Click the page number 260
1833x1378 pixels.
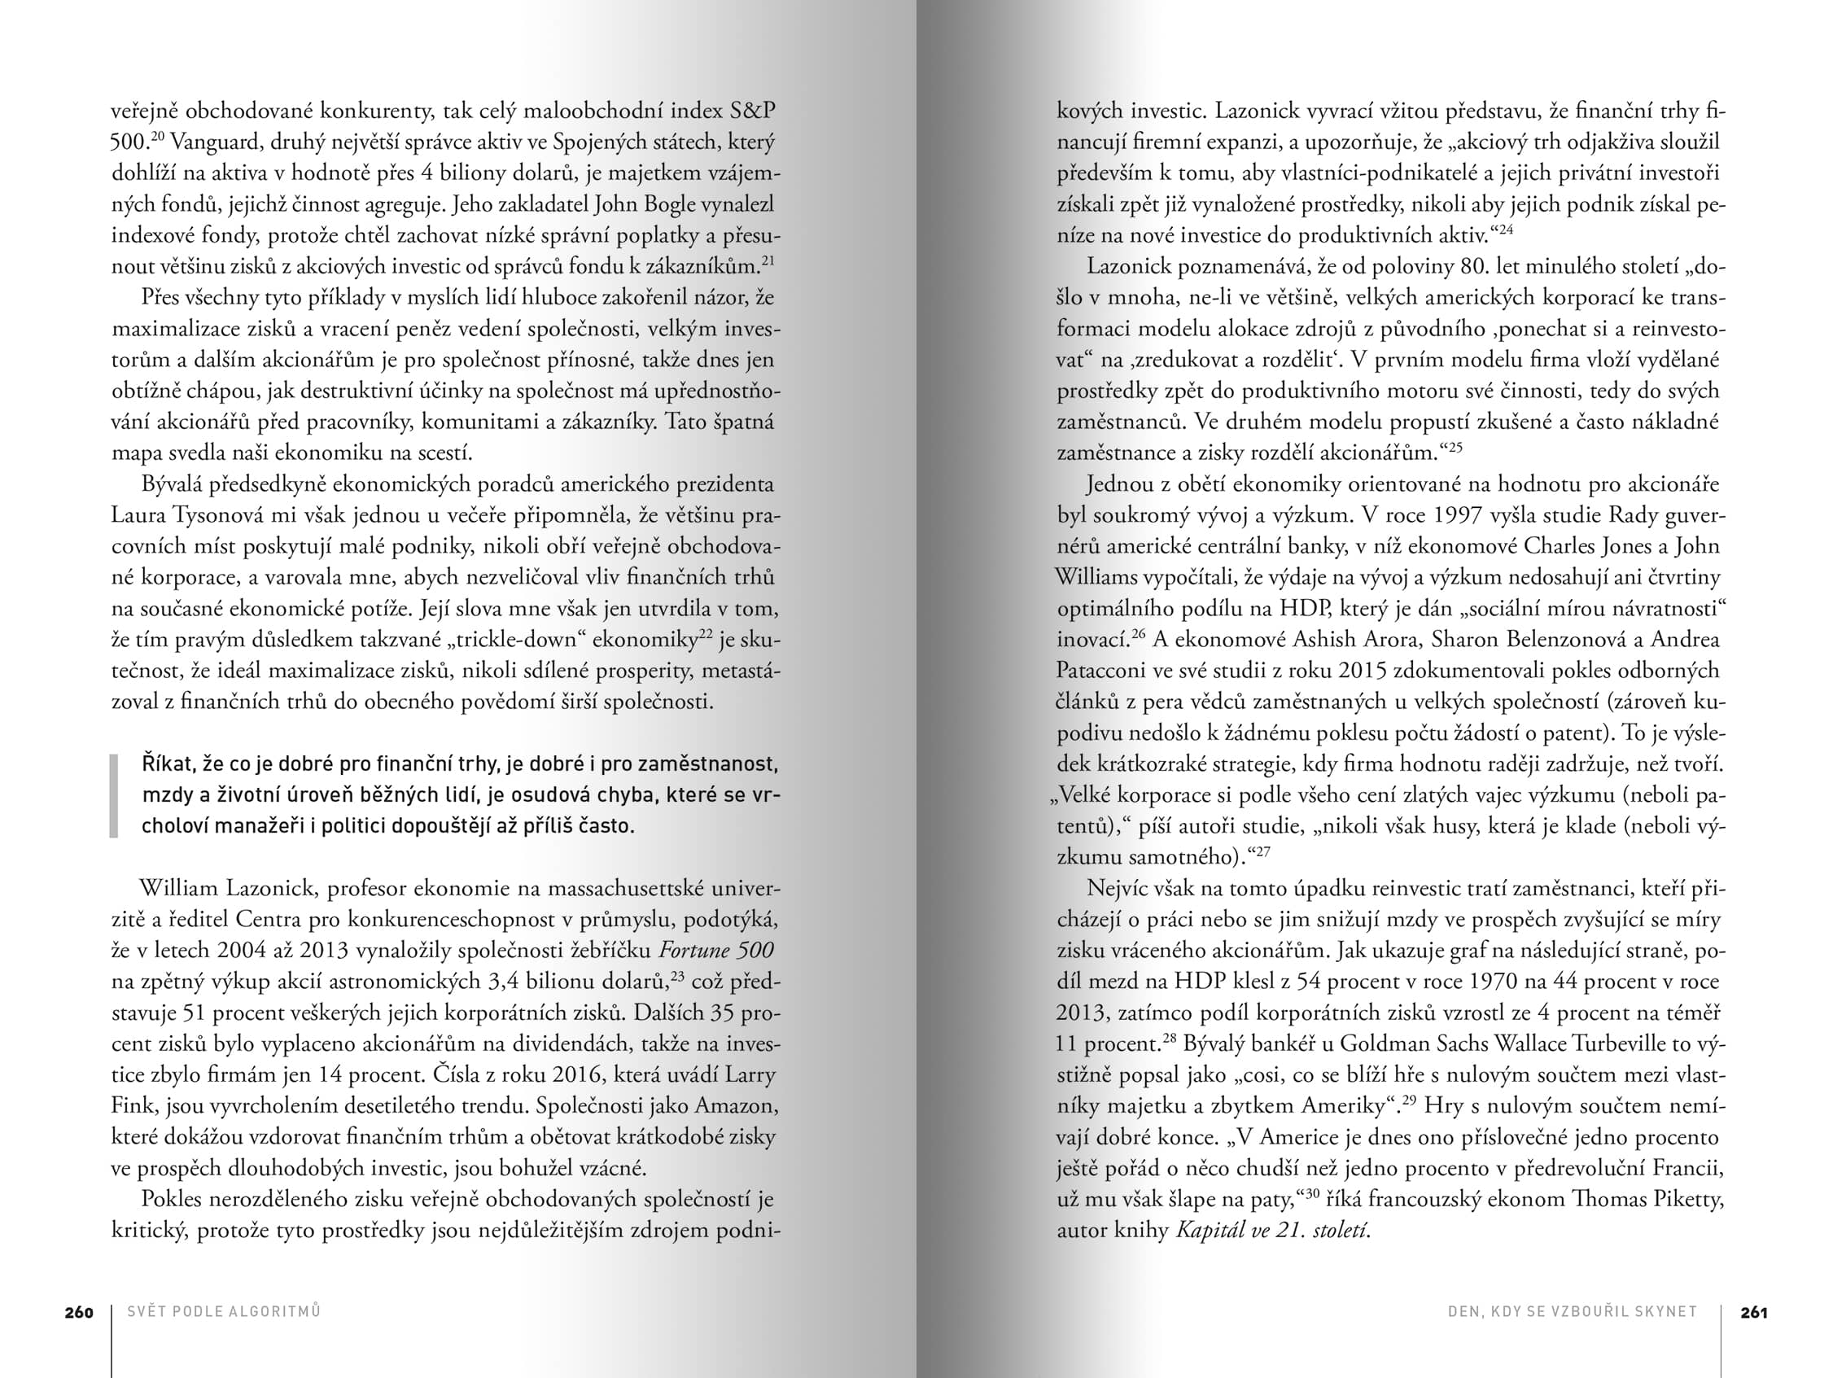pyautogui.click(x=79, y=1312)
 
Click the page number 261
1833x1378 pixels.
pyautogui.click(x=1754, y=1312)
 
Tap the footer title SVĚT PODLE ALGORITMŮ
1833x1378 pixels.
pyautogui.click(x=224, y=1312)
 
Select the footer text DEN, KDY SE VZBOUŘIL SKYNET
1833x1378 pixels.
pyautogui.click(x=1572, y=1312)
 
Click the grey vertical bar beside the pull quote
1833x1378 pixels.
pyautogui.click(x=114, y=795)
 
